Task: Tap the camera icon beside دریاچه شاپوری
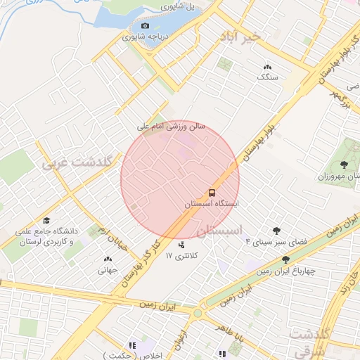(x=146, y=26)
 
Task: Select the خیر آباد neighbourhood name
(x=240, y=35)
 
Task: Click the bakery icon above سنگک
(x=267, y=67)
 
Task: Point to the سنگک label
(x=268, y=77)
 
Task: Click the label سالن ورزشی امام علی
(x=172, y=127)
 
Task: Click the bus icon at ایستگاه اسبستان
(x=211, y=192)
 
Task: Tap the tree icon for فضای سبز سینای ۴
(x=276, y=231)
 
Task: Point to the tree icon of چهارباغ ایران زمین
(x=285, y=260)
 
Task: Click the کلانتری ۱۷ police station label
(x=179, y=257)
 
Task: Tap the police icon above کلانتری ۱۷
(x=183, y=245)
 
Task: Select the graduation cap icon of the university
(x=46, y=220)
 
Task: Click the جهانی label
(x=107, y=269)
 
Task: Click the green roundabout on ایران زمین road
(x=198, y=314)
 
